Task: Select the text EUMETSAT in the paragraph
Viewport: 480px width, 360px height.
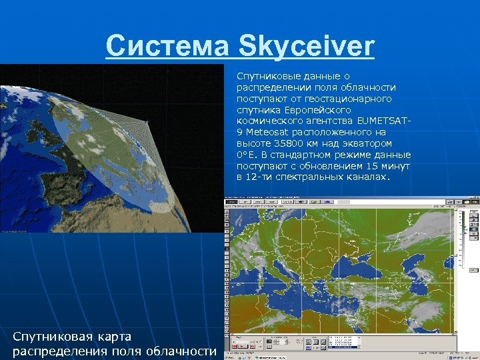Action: [383, 121]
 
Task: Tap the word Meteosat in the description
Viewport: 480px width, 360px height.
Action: [269, 133]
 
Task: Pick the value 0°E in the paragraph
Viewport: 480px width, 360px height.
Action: [247, 155]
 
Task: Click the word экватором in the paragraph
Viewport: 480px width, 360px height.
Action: [368, 143]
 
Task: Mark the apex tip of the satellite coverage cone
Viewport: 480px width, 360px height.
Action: [149, 121]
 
